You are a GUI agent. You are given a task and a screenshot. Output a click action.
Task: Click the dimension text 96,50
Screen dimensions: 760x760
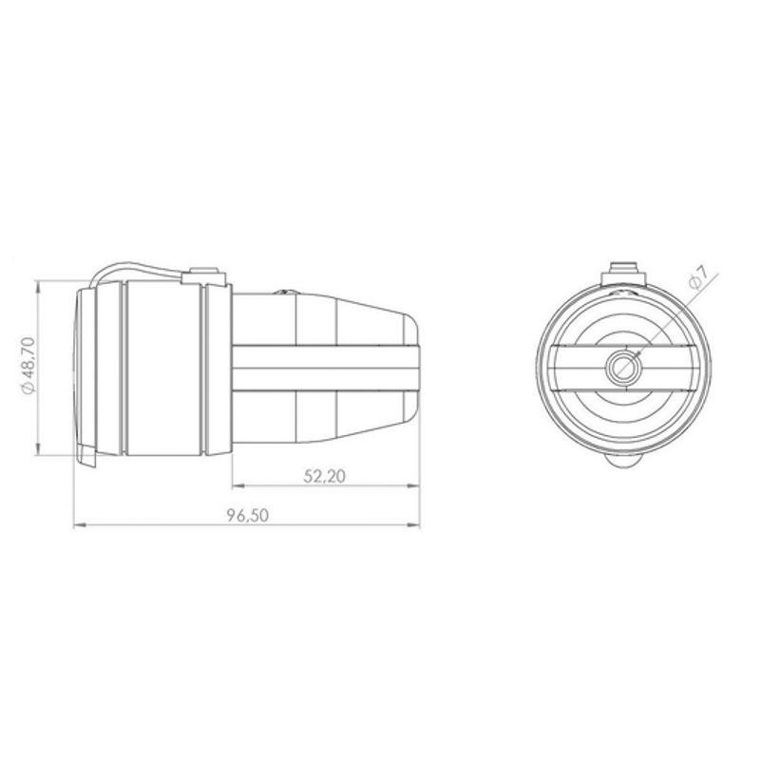(248, 515)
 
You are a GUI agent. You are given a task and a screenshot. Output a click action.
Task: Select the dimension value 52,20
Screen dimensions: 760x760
(325, 476)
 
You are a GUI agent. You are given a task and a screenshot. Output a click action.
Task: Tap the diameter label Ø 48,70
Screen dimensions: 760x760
(28, 366)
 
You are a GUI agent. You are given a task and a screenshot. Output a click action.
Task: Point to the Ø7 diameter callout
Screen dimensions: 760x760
(699, 278)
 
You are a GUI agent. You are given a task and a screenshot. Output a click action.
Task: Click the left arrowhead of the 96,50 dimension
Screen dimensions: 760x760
(80, 525)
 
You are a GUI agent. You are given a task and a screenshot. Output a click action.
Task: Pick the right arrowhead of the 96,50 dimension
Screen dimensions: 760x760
(413, 525)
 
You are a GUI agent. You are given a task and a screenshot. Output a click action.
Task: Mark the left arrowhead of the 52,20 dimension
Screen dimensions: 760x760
(238, 485)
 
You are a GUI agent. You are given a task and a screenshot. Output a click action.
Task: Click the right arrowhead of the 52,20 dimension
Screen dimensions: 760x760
(413, 485)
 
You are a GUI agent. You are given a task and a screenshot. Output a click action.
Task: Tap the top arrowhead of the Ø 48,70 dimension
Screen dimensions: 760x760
(38, 287)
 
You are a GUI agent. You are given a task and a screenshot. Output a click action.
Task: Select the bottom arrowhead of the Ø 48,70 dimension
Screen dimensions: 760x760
(38, 449)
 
